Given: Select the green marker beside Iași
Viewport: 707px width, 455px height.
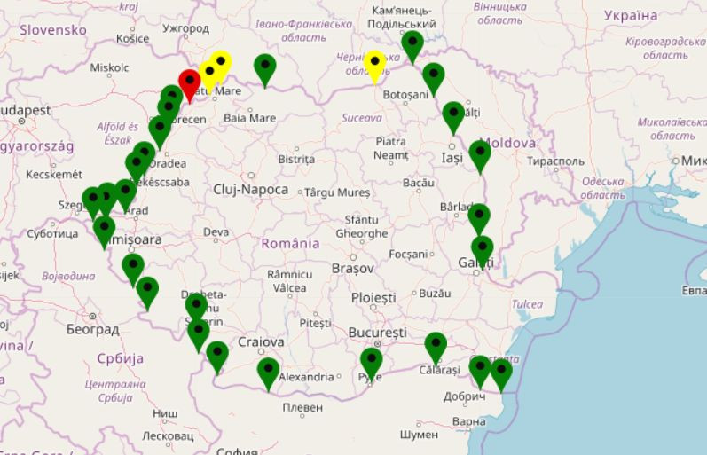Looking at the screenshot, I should tap(480, 154).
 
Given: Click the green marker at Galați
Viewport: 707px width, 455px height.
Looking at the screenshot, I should tap(482, 250).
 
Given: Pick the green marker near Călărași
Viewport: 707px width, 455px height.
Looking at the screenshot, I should tap(435, 346).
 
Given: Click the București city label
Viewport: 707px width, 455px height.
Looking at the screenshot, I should tap(378, 332).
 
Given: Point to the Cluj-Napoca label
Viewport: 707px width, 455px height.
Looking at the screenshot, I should tap(251, 190).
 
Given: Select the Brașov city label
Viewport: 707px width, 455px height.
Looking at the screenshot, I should tap(352, 267).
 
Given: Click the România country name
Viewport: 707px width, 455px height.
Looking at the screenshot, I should tap(290, 243).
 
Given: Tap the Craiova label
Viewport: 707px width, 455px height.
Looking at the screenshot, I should tap(261, 341).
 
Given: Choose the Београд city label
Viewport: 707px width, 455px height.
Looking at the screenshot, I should tap(92, 329).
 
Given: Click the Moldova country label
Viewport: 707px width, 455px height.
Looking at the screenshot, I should tap(509, 143).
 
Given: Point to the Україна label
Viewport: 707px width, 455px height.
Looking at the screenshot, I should tap(631, 16).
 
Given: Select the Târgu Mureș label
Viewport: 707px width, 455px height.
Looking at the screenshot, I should tap(337, 192).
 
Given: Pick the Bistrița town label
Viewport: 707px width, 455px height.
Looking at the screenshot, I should tap(296, 159).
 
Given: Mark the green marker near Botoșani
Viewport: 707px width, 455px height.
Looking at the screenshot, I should tap(433, 77).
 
